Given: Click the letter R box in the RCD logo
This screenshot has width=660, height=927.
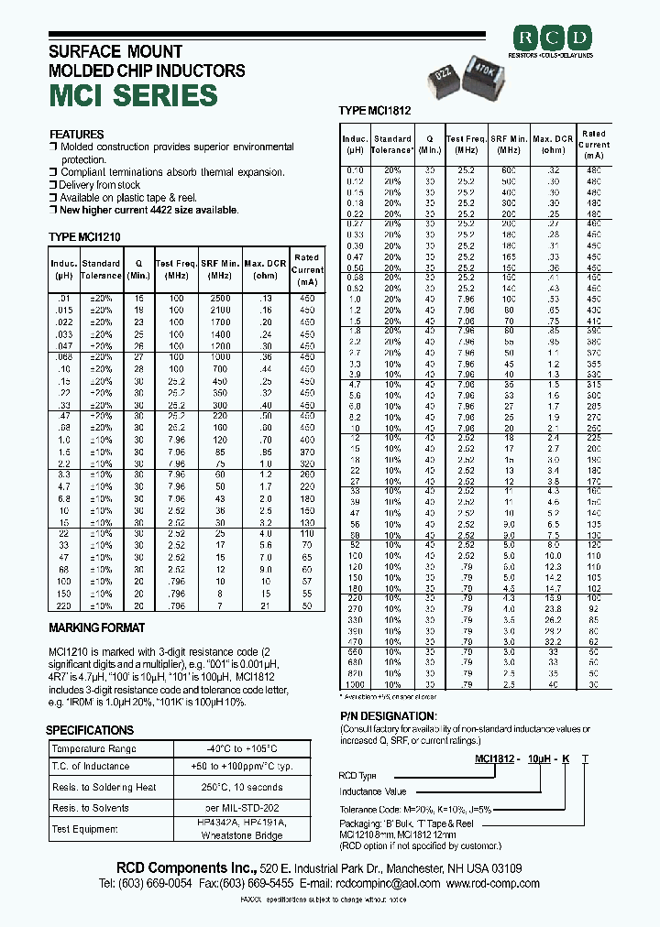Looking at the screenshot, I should coord(526,38).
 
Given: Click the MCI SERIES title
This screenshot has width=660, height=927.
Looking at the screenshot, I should coord(133,95).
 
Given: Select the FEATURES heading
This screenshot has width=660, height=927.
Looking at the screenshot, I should coord(76,135).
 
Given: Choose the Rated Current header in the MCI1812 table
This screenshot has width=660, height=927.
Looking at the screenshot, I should coord(593,144).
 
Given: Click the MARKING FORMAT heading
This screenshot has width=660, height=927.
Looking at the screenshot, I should coord(96,628).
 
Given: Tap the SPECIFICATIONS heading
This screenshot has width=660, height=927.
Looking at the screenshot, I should coord(91,730).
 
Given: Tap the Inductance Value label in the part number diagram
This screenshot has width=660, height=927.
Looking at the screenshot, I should coord(372,791).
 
